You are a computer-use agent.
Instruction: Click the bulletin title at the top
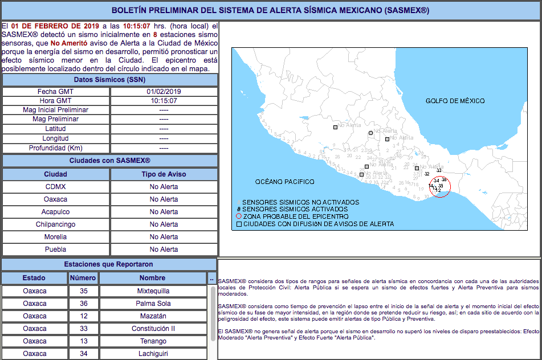(x=271, y=11)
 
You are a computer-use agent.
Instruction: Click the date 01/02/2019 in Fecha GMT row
(x=164, y=92)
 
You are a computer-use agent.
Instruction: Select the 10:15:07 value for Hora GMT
(x=164, y=101)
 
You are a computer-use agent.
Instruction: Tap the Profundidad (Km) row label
(x=56, y=148)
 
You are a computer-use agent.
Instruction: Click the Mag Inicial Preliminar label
(x=56, y=110)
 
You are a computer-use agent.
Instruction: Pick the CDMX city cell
(x=56, y=187)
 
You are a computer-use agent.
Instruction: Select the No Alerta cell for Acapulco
(x=164, y=212)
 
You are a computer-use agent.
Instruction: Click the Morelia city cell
(x=56, y=237)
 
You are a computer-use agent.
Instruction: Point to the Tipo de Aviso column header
(x=164, y=174)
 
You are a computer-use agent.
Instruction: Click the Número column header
(x=83, y=278)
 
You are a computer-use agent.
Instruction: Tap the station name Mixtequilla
(x=153, y=291)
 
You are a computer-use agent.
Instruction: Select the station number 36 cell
(x=83, y=304)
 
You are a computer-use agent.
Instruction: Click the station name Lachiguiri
(x=153, y=354)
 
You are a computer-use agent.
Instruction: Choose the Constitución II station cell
(x=153, y=329)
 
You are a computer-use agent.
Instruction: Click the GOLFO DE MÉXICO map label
(x=455, y=101)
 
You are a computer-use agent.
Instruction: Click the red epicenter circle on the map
(x=439, y=187)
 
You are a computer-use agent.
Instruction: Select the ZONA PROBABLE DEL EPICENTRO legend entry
(x=295, y=217)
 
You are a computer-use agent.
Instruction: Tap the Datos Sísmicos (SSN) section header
(x=109, y=79)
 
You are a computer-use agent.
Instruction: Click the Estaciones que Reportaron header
(x=108, y=264)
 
